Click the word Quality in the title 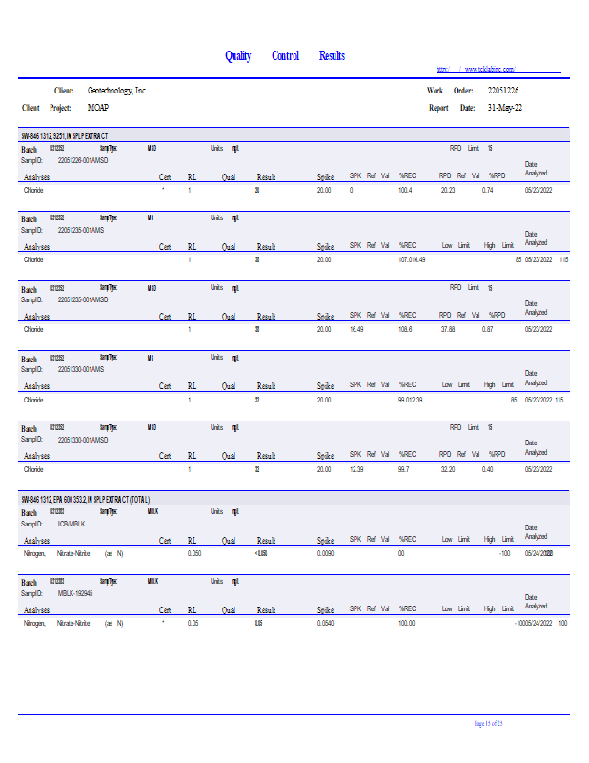237,56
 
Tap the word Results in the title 332,56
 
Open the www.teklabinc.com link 490,69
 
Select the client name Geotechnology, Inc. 117,90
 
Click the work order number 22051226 503,90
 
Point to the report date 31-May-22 504,108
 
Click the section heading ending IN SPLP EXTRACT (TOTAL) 86,499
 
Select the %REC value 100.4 405,191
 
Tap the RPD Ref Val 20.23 448,191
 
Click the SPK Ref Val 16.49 357,329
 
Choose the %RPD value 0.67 487,329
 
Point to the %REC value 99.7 405,469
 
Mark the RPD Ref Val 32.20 448,469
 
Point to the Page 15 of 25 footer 495,724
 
